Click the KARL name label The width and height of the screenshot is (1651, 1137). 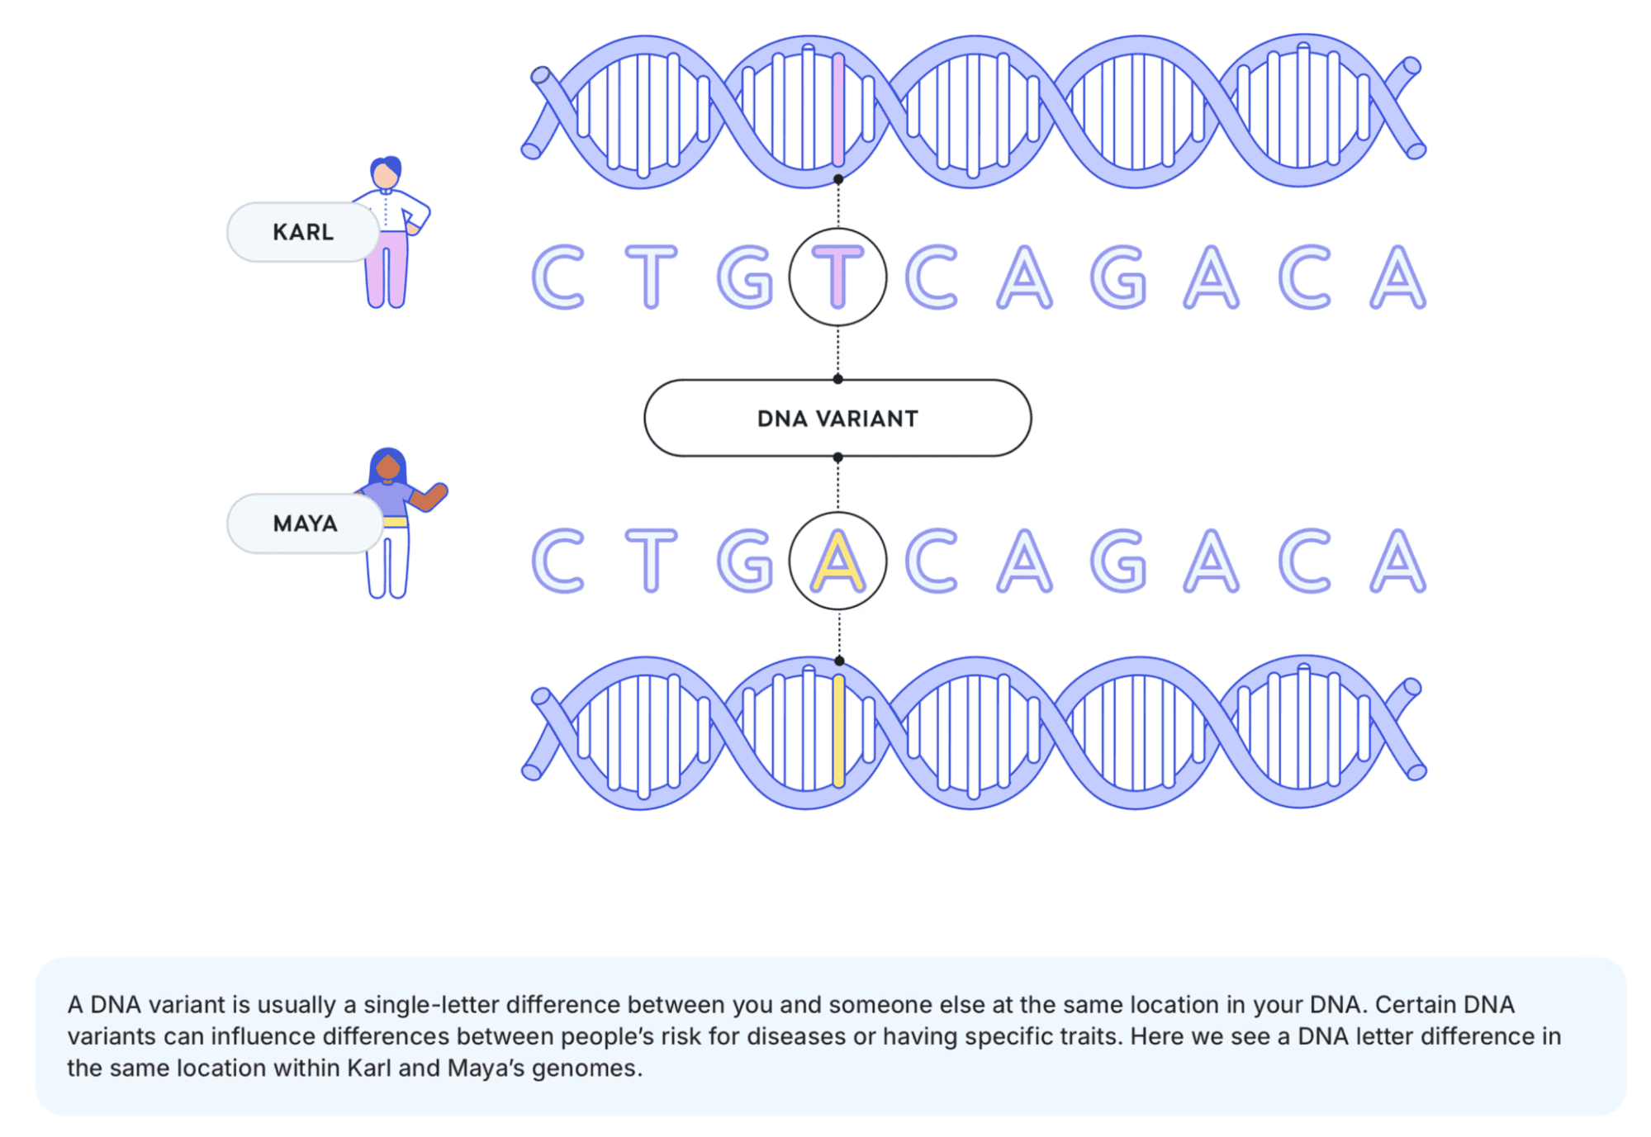303,232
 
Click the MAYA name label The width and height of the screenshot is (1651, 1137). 305,523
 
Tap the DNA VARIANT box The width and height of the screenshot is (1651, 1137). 837,418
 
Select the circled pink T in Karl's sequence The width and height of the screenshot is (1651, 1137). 837,277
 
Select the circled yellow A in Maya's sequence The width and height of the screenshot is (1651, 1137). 837,561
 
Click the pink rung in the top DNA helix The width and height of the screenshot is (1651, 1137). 838,110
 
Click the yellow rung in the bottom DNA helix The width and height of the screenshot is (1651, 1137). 838,731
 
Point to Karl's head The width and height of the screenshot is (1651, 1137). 385,173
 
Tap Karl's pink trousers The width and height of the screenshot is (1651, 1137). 386,269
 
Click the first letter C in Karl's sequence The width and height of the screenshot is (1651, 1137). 558,277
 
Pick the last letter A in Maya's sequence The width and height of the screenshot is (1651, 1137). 1397,561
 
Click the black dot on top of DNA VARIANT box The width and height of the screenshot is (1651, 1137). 837,379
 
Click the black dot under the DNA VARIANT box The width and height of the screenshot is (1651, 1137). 837,457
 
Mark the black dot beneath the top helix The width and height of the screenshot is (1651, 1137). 838,178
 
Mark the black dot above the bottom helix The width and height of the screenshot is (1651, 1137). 839,661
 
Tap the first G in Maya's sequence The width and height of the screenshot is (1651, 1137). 745,561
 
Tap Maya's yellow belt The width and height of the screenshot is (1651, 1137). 396,522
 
